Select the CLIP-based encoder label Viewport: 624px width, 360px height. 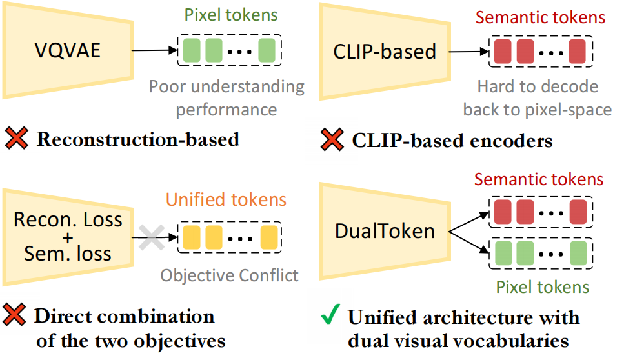(385, 51)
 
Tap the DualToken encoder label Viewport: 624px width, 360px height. (385, 230)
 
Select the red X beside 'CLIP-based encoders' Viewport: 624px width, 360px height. (331, 140)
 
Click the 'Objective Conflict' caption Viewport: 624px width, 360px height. (230, 275)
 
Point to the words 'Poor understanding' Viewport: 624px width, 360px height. (226, 86)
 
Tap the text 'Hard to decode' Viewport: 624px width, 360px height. (538, 86)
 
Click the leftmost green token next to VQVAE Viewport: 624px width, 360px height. (191, 51)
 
